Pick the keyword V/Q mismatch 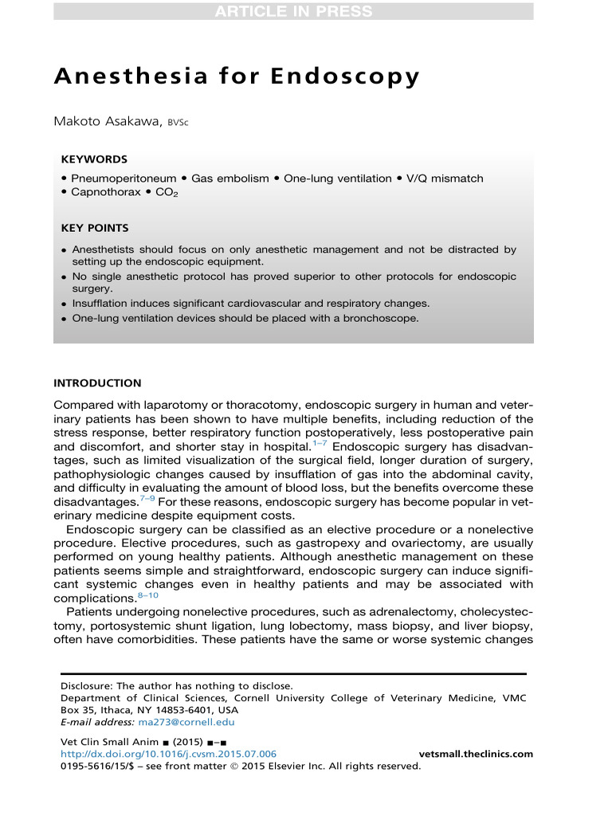[445, 178]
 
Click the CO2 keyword [166, 194]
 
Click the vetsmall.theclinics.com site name [476, 754]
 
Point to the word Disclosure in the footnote [87, 685]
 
